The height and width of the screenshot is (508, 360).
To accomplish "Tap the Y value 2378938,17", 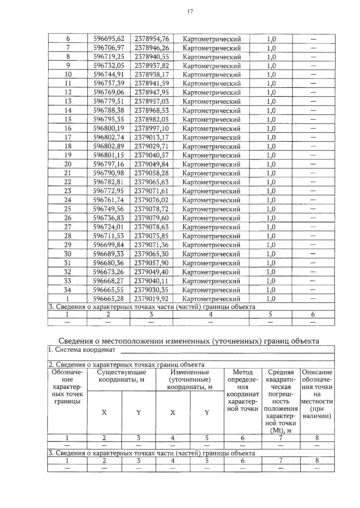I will coord(151,74).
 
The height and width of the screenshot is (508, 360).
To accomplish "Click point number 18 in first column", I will coord(68,146).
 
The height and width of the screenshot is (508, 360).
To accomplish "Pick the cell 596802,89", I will coord(109,146).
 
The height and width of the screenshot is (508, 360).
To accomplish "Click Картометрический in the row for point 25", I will coord(211,209).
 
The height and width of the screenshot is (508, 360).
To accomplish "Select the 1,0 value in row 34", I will coord(271,290).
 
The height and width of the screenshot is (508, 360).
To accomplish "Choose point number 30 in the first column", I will coord(68,254).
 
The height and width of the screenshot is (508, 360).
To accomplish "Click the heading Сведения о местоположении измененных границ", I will coord(189,341).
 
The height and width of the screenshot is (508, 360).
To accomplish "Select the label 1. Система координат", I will coord(82,350).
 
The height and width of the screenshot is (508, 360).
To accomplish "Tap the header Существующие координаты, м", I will coord(121,376).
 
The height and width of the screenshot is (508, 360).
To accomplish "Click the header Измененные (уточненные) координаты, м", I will coord(190,379).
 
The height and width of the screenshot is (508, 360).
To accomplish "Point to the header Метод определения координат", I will coord(243,390).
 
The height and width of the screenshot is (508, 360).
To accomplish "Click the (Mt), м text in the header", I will coord(281,431).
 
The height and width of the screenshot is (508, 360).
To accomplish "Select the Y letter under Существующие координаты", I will coord(139,413).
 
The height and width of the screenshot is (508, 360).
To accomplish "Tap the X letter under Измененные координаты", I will coord(173,413).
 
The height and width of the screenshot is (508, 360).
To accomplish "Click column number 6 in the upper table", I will coord(313,314).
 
